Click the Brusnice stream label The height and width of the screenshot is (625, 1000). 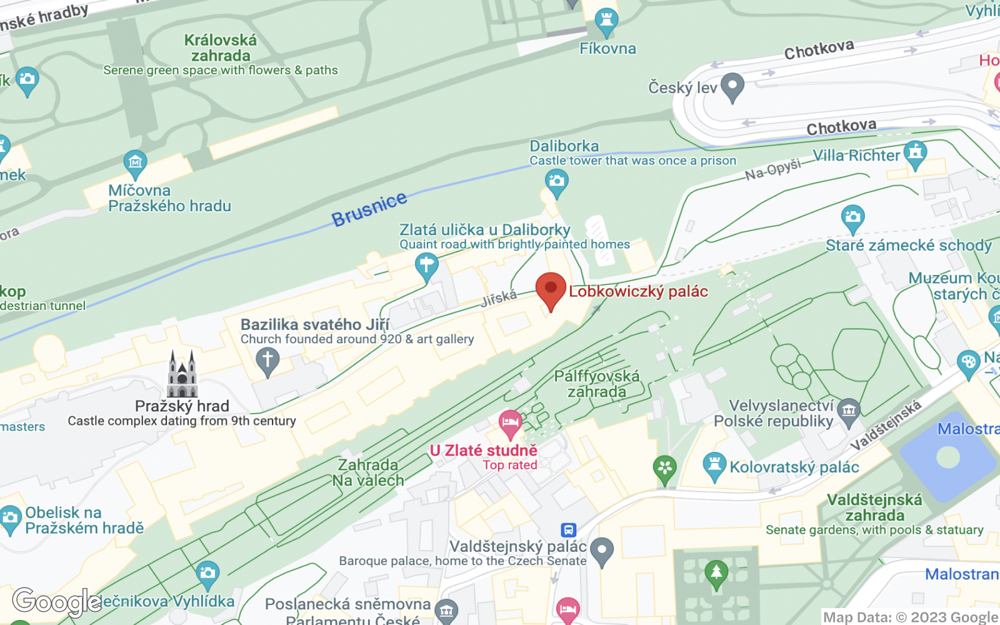pyautogui.click(x=369, y=209)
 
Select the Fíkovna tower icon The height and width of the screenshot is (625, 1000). pyautogui.click(x=606, y=22)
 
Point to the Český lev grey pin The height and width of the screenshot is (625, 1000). pyautogui.click(x=732, y=86)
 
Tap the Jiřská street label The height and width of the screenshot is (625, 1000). pyautogui.click(x=499, y=298)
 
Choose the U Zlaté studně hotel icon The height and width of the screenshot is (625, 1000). pyautogui.click(x=511, y=424)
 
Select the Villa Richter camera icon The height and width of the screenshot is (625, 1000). pyautogui.click(x=916, y=153)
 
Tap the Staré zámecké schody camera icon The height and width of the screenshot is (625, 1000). pyautogui.click(x=852, y=218)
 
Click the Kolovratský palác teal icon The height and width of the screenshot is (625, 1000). pyautogui.click(x=714, y=466)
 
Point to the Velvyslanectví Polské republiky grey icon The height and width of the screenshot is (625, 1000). pyautogui.click(x=849, y=411)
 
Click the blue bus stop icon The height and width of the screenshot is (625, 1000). pyautogui.click(x=568, y=530)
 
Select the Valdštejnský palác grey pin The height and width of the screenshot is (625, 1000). pyautogui.click(x=602, y=551)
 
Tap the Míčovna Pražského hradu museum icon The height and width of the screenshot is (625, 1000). pyautogui.click(x=135, y=164)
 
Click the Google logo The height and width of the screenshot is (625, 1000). pyautogui.click(x=56, y=601)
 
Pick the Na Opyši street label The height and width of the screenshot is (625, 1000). pyautogui.click(x=772, y=169)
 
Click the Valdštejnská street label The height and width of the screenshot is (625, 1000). pyautogui.click(x=886, y=425)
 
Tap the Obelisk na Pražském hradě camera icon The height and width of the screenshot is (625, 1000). pyautogui.click(x=11, y=518)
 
